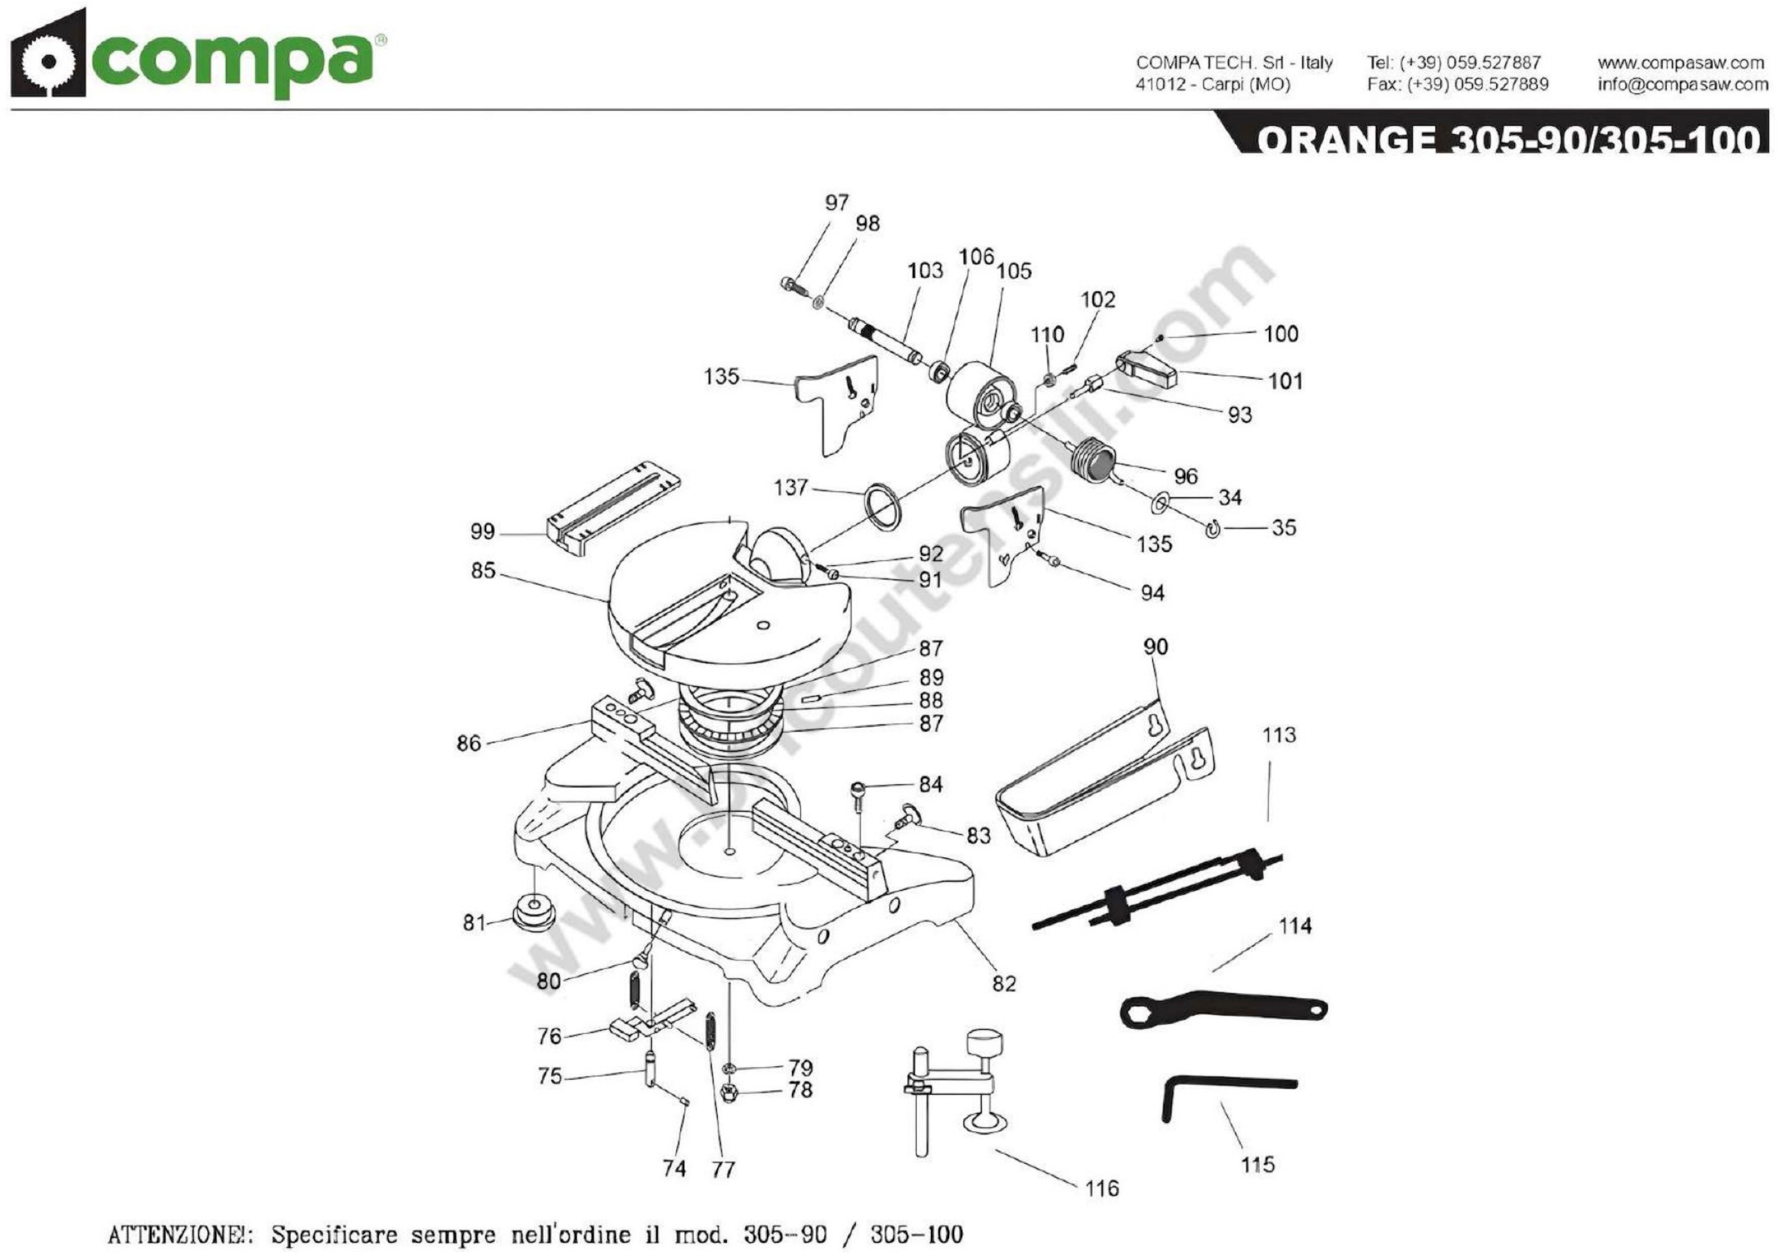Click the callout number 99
point(482,532)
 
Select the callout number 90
point(1155,646)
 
